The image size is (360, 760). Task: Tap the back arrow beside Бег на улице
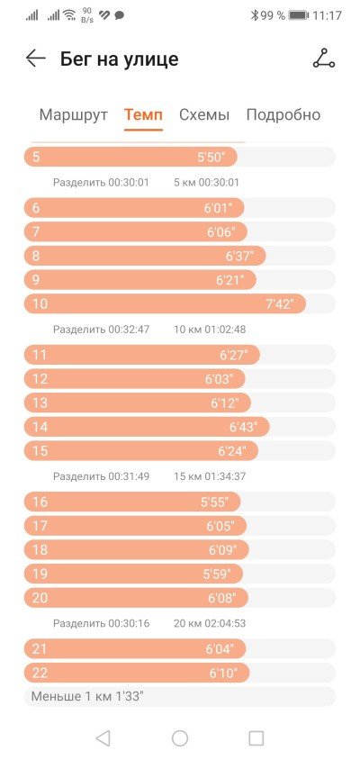36,59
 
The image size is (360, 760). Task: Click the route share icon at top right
323,59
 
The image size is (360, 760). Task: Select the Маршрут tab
73,115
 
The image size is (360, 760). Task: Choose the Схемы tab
204,115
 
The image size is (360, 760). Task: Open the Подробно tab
283,115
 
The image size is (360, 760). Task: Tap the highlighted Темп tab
143,115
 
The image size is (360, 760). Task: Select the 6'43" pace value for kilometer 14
243,427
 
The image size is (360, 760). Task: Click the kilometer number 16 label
40,502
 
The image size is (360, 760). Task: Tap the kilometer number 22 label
40,673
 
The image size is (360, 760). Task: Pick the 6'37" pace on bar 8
239,257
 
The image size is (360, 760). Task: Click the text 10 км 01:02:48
210,330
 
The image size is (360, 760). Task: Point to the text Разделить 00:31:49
102,476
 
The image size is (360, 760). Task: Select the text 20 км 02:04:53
210,623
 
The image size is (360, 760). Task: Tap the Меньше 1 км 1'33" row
180,696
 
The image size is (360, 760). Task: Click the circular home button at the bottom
180,738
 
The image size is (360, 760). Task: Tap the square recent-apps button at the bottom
256,738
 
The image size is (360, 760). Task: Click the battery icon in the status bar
299,15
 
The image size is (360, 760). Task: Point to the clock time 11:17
327,15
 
